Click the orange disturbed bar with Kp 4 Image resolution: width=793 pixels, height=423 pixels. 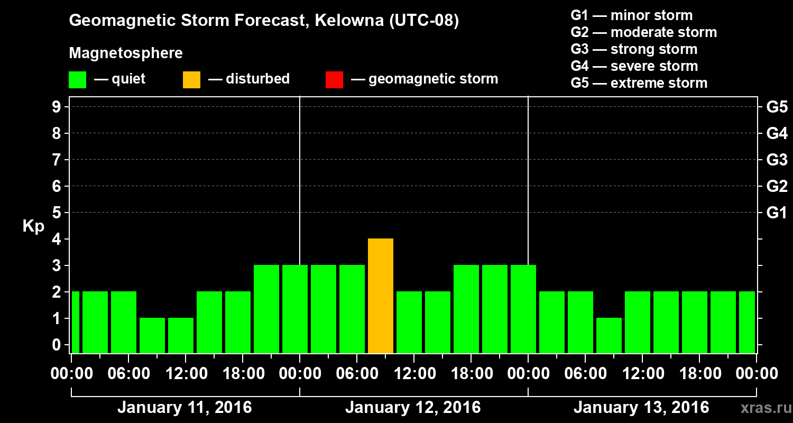point(381,296)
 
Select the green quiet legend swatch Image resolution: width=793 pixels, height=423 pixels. point(77,80)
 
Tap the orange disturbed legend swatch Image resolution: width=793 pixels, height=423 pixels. point(191,80)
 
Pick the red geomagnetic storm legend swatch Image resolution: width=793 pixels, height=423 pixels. point(334,80)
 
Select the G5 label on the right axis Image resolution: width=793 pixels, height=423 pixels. point(777,107)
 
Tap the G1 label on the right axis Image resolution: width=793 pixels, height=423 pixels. point(777,213)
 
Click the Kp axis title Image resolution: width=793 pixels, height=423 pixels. point(33,226)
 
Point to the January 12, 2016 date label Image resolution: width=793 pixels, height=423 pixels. point(413,408)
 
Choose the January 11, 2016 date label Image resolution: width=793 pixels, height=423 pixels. point(185,408)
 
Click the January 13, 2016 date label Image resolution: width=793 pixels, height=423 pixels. point(641,408)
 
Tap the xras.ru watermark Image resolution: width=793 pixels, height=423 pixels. point(766,408)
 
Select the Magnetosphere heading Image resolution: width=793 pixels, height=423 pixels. point(126,53)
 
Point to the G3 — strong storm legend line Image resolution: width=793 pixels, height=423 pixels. point(634,49)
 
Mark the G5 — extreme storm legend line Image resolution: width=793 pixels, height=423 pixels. point(639,83)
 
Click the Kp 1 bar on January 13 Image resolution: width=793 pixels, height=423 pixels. point(609,335)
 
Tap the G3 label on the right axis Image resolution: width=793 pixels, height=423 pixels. point(777,160)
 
